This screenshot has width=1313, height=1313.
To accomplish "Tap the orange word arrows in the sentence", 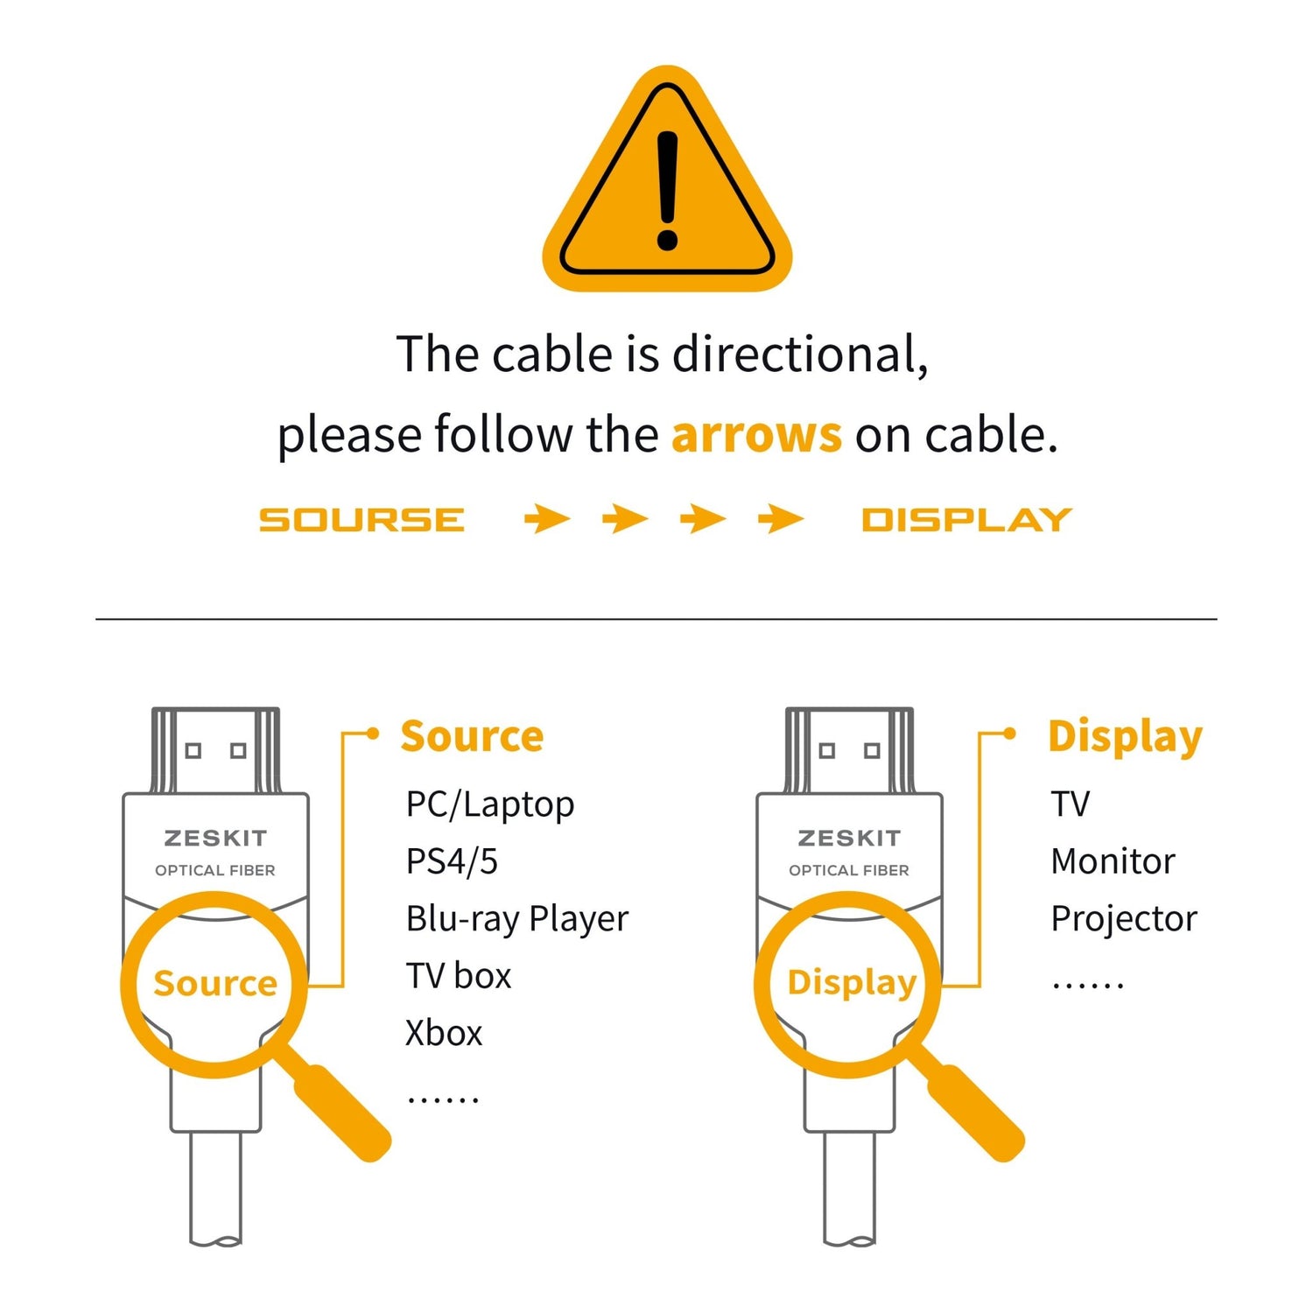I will (756, 434).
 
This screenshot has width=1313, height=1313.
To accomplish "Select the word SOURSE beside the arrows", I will (362, 520).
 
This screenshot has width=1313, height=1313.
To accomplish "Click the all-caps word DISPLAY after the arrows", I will (966, 520).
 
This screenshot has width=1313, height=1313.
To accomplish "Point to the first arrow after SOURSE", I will (547, 519).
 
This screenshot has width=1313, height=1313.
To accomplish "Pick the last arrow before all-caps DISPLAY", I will (781, 519).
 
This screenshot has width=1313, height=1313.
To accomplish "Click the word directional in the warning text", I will (799, 355).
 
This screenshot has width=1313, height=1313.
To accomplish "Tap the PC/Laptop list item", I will (490, 804).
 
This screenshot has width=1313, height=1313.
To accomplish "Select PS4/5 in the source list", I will (452, 861).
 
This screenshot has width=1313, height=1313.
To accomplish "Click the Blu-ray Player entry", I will (516, 919).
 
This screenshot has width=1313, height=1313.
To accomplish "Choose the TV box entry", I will (459, 976).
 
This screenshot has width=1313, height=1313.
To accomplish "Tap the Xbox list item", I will (444, 1034).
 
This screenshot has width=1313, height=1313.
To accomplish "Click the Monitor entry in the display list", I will (1113, 861).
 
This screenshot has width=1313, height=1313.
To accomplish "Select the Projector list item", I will (1124, 919).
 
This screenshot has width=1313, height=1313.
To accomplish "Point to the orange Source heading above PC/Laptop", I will (472, 736).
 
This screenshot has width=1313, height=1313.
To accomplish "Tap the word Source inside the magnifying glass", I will (215, 984).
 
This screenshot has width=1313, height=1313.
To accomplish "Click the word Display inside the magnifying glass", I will (852, 984).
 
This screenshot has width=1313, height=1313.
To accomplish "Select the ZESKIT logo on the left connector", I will (215, 839).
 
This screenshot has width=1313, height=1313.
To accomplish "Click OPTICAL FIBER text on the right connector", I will (849, 870).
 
